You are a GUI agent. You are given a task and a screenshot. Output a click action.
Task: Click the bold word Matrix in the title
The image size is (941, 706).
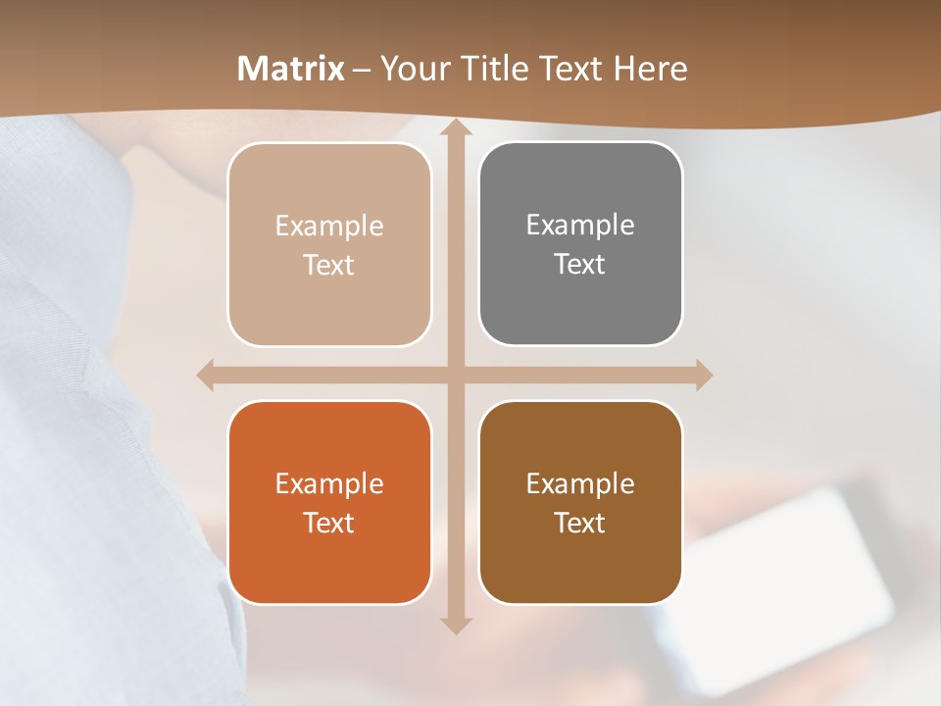291,69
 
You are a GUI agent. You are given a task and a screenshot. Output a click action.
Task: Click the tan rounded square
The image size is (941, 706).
329,244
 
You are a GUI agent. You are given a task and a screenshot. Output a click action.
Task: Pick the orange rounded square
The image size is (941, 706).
329,502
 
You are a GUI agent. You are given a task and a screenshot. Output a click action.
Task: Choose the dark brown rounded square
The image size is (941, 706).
580,502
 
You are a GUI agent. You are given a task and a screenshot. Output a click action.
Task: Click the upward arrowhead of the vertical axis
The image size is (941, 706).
455,126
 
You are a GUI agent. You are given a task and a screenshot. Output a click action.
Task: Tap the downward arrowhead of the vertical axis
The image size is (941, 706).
455,626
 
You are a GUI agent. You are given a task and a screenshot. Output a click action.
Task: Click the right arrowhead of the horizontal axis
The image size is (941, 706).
703,375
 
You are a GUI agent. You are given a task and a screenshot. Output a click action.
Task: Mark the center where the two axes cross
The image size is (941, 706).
455,375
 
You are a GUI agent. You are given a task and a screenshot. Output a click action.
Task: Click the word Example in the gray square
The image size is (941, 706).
580,225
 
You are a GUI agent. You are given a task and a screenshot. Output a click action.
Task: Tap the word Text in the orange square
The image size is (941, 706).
329,523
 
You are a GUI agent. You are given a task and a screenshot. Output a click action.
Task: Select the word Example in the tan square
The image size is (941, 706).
329,226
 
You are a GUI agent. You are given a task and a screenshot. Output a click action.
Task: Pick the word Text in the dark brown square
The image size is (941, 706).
580,523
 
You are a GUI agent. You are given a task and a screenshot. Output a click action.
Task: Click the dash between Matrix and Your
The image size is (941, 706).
362,70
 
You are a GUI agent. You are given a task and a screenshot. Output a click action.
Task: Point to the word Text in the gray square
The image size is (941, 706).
580,264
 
